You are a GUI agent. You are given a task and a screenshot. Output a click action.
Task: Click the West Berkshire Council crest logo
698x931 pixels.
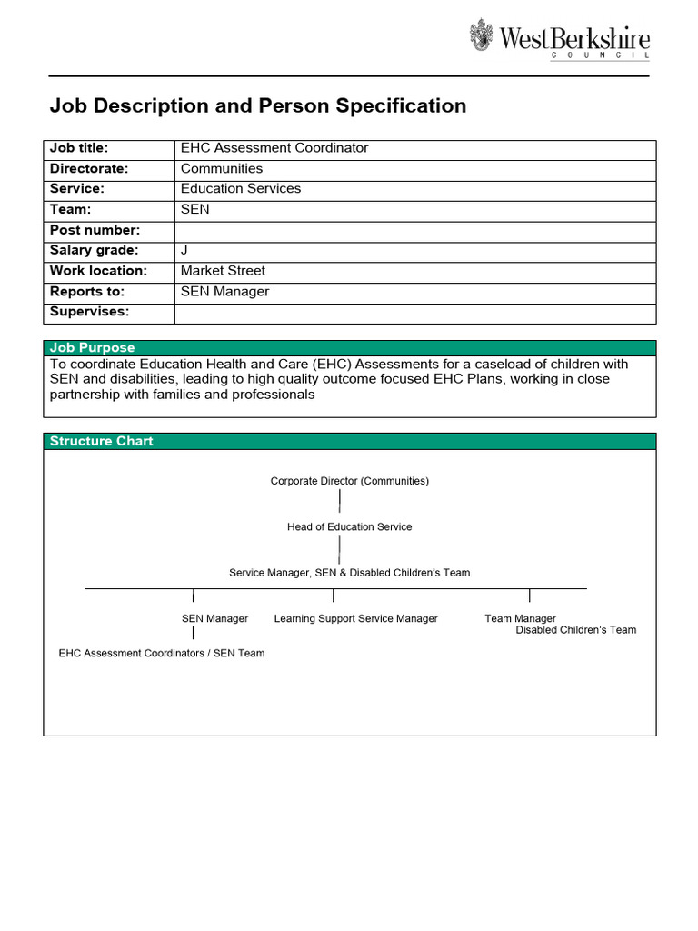[482, 35]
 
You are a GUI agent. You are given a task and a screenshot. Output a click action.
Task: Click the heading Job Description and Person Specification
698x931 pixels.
[257, 106]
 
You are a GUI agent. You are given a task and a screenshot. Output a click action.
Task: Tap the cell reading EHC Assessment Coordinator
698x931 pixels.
[274, 148]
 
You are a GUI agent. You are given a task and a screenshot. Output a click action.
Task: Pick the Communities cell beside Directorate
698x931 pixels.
[222, 168]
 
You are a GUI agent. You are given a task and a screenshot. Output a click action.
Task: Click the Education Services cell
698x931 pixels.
[241, 189]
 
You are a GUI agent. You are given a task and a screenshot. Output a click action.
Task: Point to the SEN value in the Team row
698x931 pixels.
[195, 209]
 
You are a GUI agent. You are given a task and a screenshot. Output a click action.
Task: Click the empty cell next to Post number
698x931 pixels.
[414, 230]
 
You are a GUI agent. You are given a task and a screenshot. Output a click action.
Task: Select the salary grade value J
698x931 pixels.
[184, 250]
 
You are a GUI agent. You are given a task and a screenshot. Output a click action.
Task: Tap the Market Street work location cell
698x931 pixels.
[223, 271]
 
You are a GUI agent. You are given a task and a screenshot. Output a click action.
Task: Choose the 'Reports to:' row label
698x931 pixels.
[87, 292]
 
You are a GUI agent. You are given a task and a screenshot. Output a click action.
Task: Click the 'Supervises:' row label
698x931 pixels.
[89, 312]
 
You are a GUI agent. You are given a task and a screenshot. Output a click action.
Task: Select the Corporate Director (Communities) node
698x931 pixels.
[349, 481]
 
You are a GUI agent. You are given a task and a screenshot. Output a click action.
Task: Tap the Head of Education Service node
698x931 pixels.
[349, 527]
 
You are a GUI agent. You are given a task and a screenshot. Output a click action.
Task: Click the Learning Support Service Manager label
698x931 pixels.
[355, 618]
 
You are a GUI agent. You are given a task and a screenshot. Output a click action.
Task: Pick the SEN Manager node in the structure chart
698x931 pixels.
[214, 618]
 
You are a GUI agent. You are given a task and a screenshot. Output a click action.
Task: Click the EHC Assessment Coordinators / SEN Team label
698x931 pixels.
[162, 653]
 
